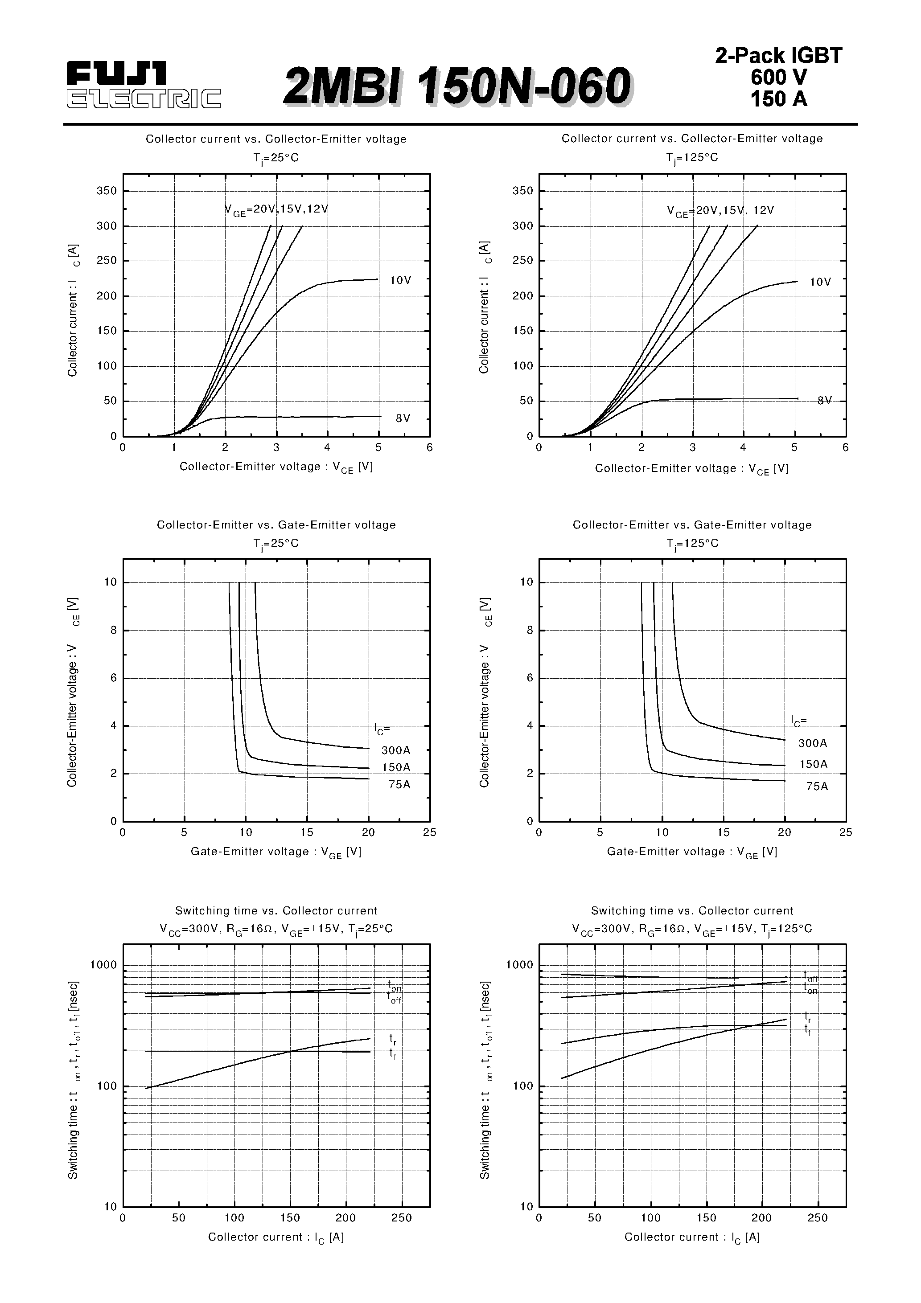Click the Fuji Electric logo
143,85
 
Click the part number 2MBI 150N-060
456,87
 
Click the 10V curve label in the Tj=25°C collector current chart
400,280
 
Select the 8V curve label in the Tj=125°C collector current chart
824,401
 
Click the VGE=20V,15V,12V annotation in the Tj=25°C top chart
276,209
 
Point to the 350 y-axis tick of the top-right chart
522,191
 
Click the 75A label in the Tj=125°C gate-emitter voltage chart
817,787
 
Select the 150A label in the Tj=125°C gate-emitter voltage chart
813,764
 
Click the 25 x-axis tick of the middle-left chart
429,832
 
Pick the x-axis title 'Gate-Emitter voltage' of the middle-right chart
691,852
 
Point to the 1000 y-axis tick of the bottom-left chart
103,965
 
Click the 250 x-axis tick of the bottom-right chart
817,1218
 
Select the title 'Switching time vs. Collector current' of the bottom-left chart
276,911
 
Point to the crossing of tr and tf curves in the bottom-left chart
290,1052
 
